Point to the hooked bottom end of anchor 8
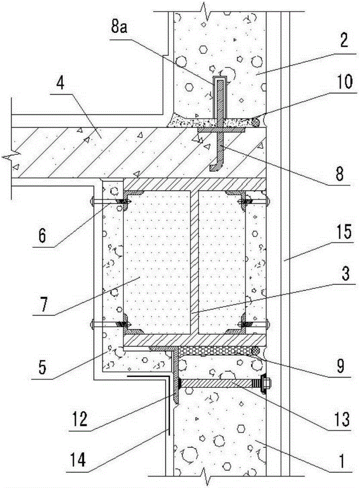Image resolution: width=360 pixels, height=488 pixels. coord(214,167)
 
